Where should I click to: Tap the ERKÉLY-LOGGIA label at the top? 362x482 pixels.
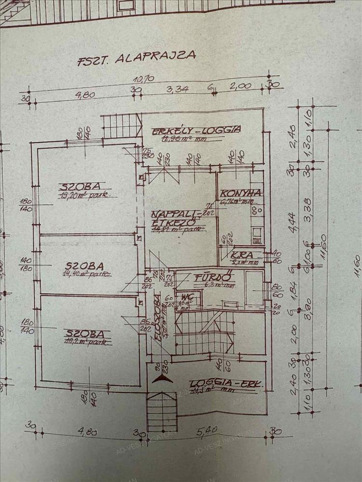pos(195,130)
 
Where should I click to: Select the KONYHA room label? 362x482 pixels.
pos(241,193)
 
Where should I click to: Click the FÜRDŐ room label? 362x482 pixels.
pos(208,278)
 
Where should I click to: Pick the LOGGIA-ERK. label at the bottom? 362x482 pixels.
pos(226,384)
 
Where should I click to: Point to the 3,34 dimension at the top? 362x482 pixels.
pos(176,89)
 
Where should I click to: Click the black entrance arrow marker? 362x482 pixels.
pos(162,378)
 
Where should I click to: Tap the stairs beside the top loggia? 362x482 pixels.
pos(120,125)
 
